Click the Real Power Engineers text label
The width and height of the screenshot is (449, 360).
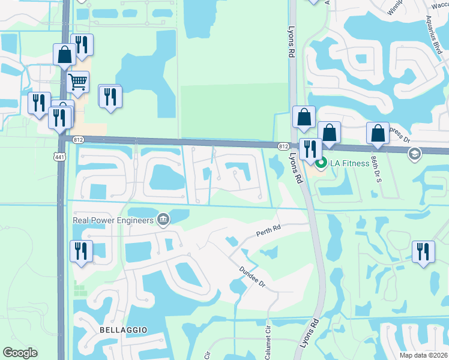113,220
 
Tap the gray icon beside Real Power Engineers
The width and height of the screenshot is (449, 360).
162,220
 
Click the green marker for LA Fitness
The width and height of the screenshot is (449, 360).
321,163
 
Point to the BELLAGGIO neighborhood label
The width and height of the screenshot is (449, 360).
124,331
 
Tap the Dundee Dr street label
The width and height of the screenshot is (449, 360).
252,277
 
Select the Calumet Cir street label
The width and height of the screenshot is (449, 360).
268,339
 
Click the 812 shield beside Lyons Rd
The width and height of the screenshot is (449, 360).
283,146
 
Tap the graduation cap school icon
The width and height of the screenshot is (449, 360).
414,154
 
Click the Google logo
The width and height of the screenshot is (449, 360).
20,353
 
